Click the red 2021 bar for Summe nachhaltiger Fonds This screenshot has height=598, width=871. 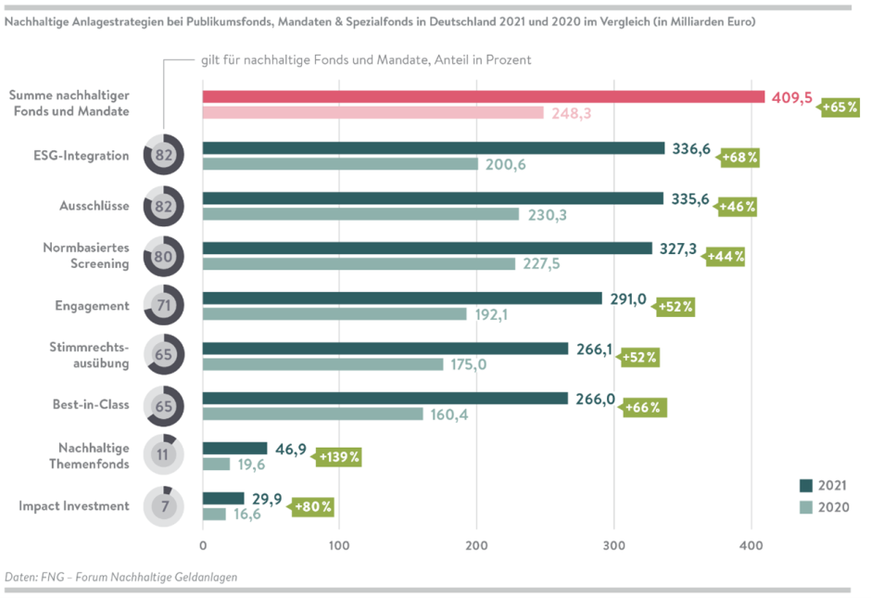483,96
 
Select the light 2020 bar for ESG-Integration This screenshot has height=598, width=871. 340,164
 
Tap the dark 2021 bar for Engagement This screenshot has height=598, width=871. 402,298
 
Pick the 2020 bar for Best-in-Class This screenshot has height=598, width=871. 312,414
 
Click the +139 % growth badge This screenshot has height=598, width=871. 339,456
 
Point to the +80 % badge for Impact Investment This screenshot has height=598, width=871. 312,507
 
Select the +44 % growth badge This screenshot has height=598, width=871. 725,256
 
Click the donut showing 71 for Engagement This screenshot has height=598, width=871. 164,306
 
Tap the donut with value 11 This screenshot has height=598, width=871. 164,455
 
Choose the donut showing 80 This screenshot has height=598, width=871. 164,256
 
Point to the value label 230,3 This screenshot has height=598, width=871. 548,214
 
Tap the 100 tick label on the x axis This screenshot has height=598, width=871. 339,547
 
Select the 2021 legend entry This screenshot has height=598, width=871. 823,485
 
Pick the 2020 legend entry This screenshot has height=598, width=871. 823,507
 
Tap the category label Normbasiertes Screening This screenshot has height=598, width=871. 85,256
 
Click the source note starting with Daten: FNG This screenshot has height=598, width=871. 121,577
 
